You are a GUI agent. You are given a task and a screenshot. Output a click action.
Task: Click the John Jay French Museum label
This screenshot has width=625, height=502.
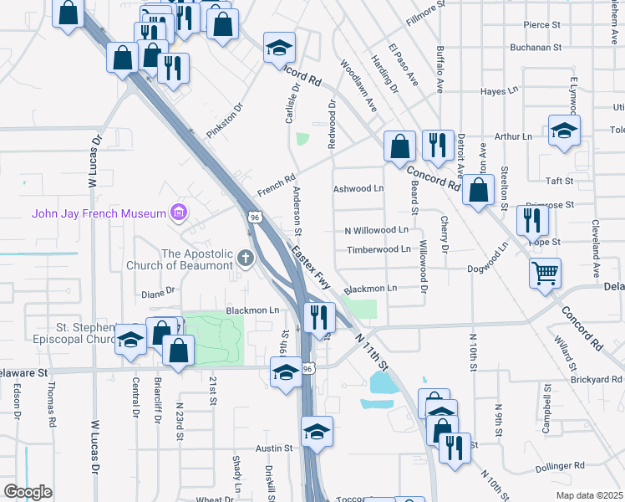[99, 213]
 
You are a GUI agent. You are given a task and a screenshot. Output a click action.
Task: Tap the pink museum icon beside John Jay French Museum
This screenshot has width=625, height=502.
[178, 213]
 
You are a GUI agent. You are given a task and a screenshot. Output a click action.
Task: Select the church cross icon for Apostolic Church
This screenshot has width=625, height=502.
[246, 258]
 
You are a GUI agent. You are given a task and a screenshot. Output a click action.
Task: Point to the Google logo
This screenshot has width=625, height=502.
[28, 492]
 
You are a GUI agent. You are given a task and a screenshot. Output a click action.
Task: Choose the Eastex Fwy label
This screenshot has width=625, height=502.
[311, 266]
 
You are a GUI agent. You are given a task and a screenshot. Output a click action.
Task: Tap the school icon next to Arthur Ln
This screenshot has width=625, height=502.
[565, 131]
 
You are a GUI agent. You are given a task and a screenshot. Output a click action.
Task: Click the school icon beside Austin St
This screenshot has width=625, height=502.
[318, 433]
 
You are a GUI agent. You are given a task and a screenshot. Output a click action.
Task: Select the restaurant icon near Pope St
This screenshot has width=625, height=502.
[532, 220]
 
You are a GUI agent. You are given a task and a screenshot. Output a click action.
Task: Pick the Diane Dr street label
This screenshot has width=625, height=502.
[158, 293]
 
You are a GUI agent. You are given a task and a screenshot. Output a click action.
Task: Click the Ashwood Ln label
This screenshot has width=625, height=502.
[358, 189]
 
